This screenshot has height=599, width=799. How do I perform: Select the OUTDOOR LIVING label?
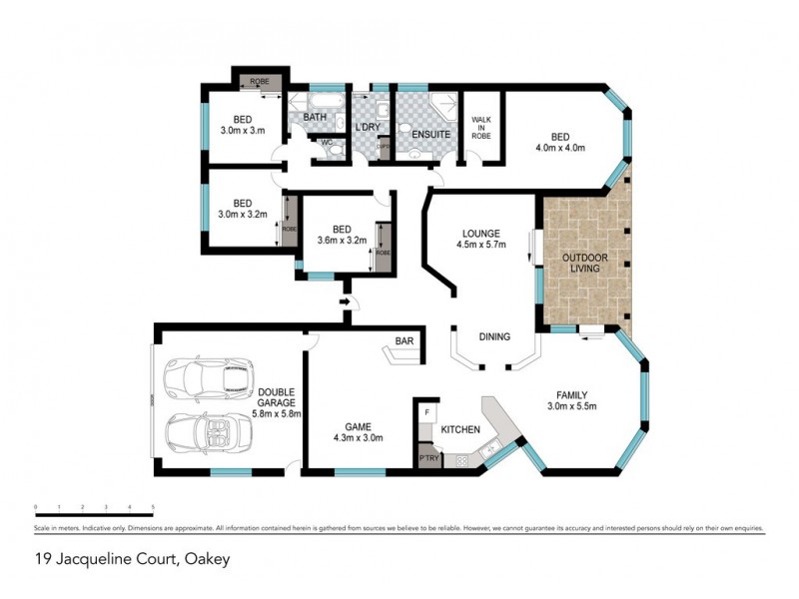point(584,264)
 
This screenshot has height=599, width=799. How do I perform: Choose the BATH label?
point(316,118)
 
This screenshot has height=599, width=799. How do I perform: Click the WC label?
point(325,142)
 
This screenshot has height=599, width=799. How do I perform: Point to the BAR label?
point(404,341)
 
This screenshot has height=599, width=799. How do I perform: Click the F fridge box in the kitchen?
point(427,411)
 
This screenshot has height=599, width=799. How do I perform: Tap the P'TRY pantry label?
point(429,459)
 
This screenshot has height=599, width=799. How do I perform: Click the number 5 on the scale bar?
point(153,507)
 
